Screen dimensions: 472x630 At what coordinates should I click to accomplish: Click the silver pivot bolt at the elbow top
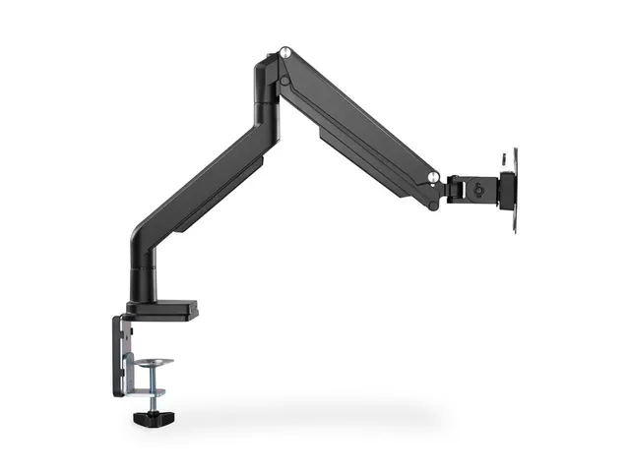(284, 52)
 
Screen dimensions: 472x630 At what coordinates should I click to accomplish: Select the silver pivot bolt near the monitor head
(432, 177)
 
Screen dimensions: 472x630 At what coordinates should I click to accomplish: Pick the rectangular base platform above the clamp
(165, 308)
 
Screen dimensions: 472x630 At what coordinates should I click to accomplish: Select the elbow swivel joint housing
(266, 84)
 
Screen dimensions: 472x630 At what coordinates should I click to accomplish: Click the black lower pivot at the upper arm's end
(429, 197)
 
